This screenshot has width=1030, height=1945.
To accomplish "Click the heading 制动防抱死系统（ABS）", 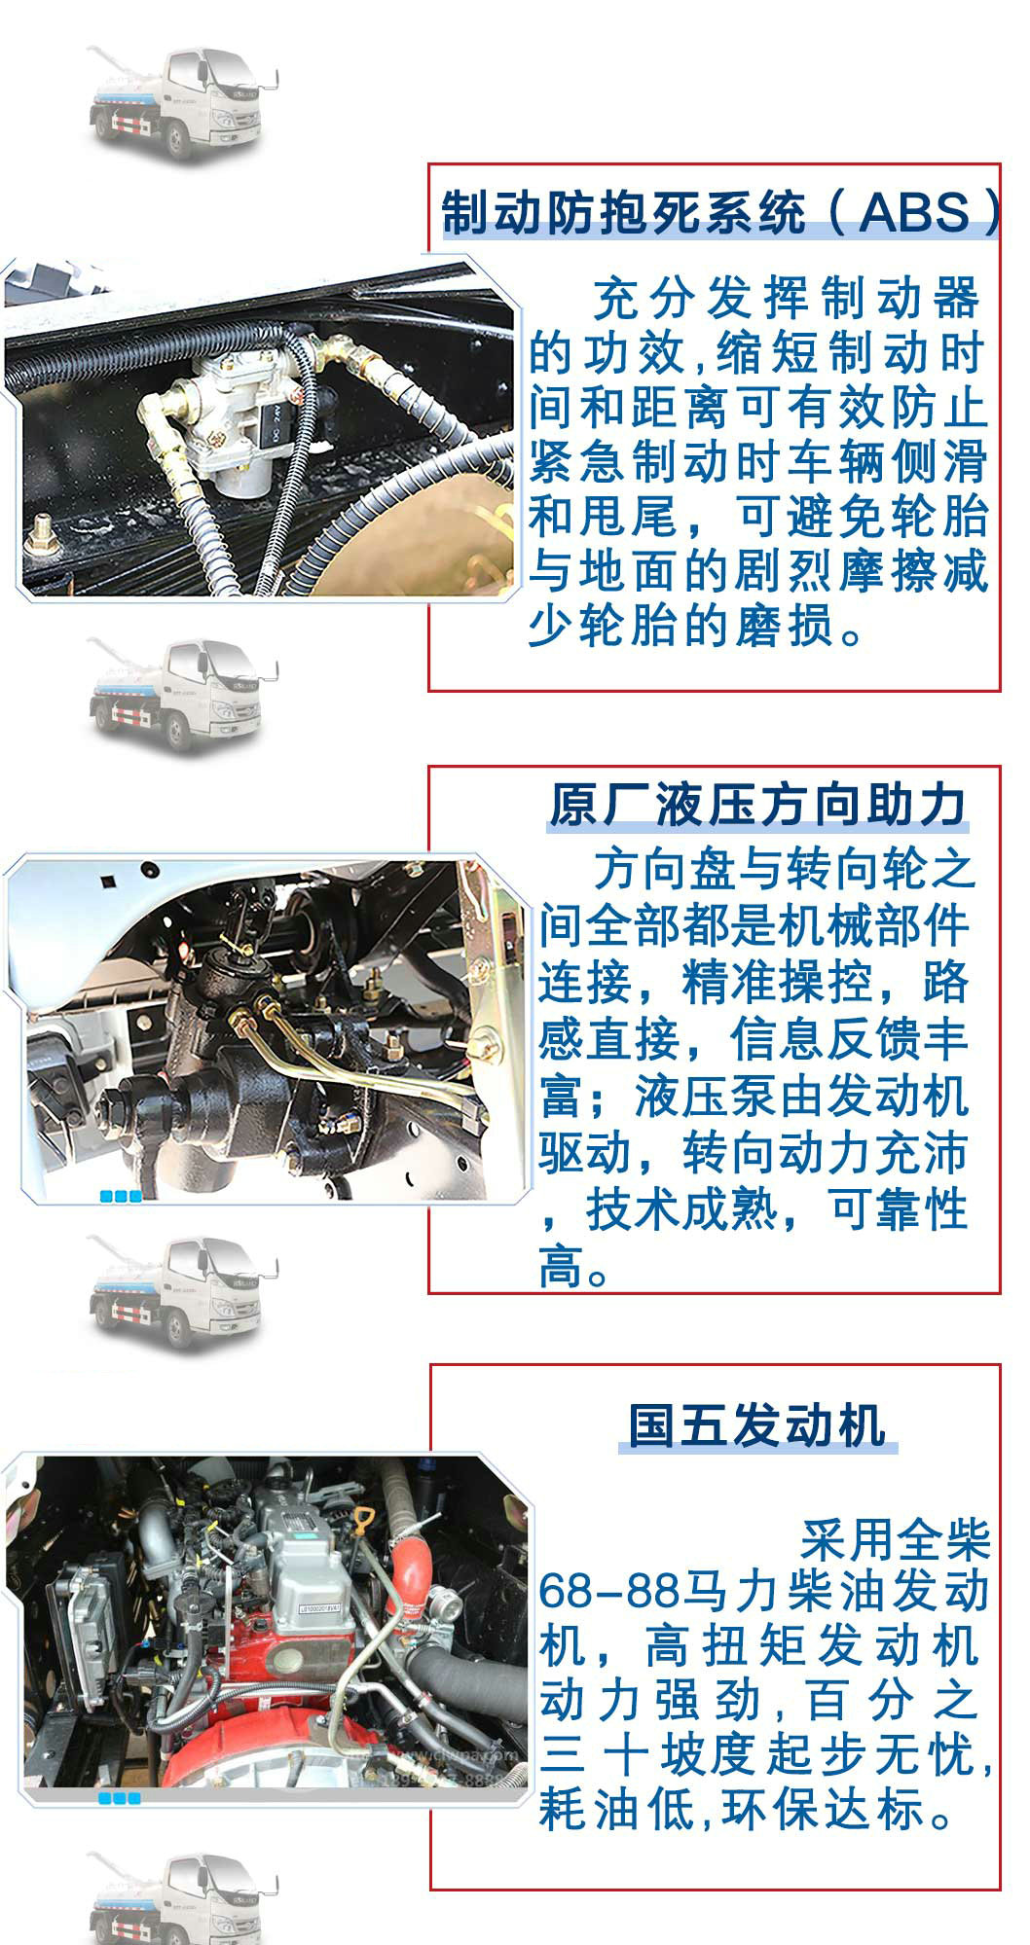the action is (721, 212).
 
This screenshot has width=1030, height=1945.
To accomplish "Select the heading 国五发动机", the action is (756, 1424).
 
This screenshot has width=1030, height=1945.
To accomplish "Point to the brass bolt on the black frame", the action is (42, 530).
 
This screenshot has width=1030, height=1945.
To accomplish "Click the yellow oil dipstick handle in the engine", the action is (365, 1520).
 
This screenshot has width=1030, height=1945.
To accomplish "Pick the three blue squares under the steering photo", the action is (122, 1196).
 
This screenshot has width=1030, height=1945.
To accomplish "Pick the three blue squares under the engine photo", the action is (120, 1798).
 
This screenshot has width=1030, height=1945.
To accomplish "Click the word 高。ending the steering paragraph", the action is (575, 1267).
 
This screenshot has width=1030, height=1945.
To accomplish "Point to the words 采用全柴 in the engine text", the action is (895, 1538).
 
